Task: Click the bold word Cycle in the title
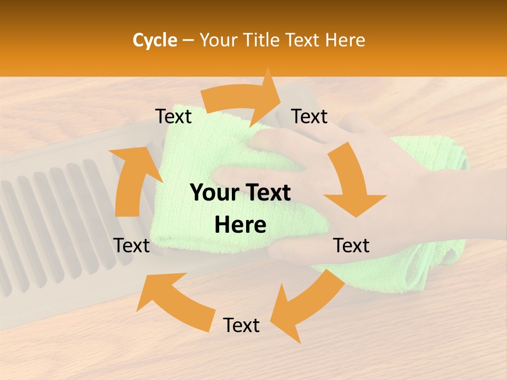point(155,40)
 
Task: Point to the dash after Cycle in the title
point(188,41)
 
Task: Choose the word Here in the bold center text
point(240,225)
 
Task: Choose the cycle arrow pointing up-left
point(169,301)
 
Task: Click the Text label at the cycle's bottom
point(241,325)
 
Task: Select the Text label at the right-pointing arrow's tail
point(173,116)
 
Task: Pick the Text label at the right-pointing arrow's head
point(309,116)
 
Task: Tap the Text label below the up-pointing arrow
point(132,245)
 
